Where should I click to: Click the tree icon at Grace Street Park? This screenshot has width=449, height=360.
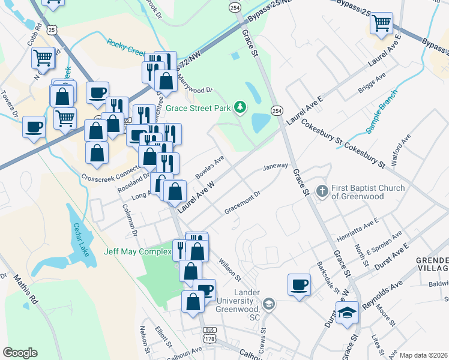pos(240,107)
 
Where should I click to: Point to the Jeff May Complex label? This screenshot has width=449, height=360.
pos(137,251)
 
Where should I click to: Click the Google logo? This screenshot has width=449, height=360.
pos(20,353)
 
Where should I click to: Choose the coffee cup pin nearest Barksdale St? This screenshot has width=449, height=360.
pos(299,284)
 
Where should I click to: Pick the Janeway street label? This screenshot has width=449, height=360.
pos(276,166)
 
